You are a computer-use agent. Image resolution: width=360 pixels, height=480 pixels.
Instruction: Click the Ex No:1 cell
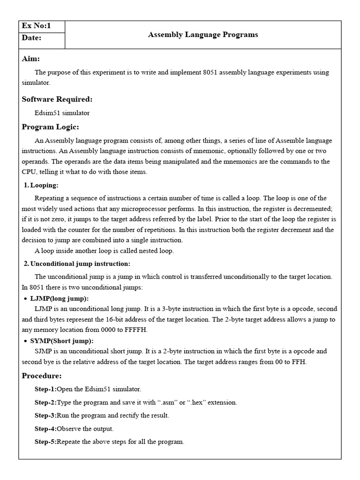pos(36,26)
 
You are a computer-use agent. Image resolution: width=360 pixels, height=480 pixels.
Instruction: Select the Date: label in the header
pos(32,38)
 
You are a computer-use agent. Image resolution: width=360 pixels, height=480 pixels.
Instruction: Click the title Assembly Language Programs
pos(203,35)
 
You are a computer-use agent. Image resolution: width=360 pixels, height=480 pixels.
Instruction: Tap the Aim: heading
pos(31,59)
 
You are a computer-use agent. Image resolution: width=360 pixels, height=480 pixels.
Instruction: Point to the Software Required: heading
pos(57,99)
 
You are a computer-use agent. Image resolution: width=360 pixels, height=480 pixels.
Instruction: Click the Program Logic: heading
pos(51,127)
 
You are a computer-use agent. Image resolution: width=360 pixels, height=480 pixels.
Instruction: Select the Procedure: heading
pos(42,376)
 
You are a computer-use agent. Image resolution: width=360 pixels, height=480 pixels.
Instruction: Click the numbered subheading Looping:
pos(44,185)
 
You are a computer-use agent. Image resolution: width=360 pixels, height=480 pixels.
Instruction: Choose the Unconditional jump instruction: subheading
pos(80,264)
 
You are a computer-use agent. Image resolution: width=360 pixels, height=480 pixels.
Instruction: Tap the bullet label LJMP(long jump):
pos(59,299)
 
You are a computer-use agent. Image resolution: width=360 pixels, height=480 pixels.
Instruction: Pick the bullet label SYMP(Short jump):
pos(61,341)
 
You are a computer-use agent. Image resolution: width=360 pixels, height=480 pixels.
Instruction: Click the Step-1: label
pos(45,389)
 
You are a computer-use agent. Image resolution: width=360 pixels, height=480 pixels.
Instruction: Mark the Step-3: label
pos(45,415)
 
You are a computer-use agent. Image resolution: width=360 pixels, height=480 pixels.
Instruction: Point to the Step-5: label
pos(45,442)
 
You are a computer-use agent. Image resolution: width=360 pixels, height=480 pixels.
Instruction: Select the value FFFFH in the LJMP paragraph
pos(136,330)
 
